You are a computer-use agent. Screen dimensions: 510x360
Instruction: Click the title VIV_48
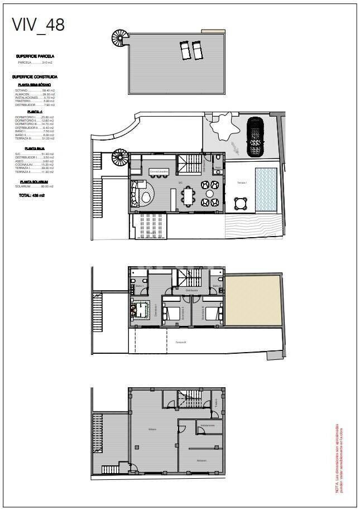point(39,25)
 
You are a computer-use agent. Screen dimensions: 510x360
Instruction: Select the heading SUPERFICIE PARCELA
point(35,56)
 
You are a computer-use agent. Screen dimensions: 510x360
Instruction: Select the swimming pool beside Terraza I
point(266,190)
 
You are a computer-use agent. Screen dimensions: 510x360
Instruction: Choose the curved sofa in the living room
point(136,194)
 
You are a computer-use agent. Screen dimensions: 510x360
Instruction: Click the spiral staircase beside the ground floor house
point(120,157)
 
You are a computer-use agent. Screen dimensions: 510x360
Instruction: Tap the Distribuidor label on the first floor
point(192,291)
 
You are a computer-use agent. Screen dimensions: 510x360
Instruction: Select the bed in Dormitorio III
point(210,314)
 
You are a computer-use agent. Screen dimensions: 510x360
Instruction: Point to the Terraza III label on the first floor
point(180,342)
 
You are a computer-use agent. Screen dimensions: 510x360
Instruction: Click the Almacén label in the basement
point(201,460)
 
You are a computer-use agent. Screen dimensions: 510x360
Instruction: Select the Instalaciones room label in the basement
point(208,425)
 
